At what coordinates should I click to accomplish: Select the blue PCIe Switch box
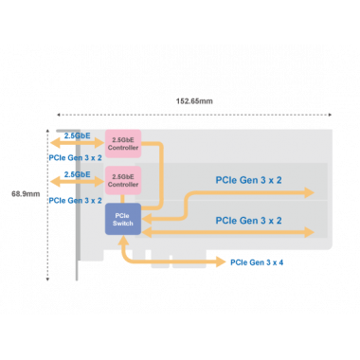tap(121, 218)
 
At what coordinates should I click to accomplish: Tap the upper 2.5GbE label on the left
tap(78, 136)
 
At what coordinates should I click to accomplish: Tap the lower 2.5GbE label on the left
tap(78, 174)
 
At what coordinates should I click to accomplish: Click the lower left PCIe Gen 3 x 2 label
tap(75, 200)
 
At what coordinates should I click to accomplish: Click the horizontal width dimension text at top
tap(194, 100)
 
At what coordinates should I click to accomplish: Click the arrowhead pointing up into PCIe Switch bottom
tap(122, 241)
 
